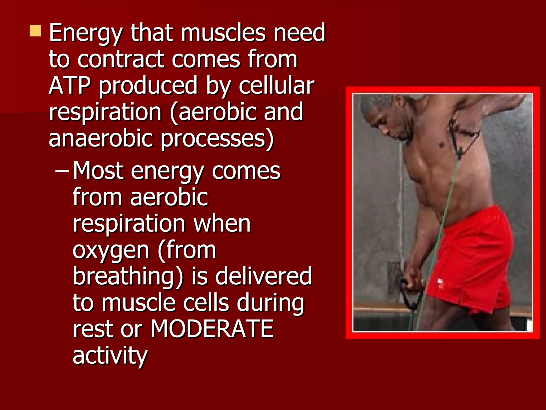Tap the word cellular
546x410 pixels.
click(276, 86)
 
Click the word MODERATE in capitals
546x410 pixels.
click(212, 329)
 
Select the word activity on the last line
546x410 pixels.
click(110, 356)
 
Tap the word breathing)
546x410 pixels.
click(128, 276)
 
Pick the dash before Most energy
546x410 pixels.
click(62, 171)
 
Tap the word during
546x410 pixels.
click(270, 303)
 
